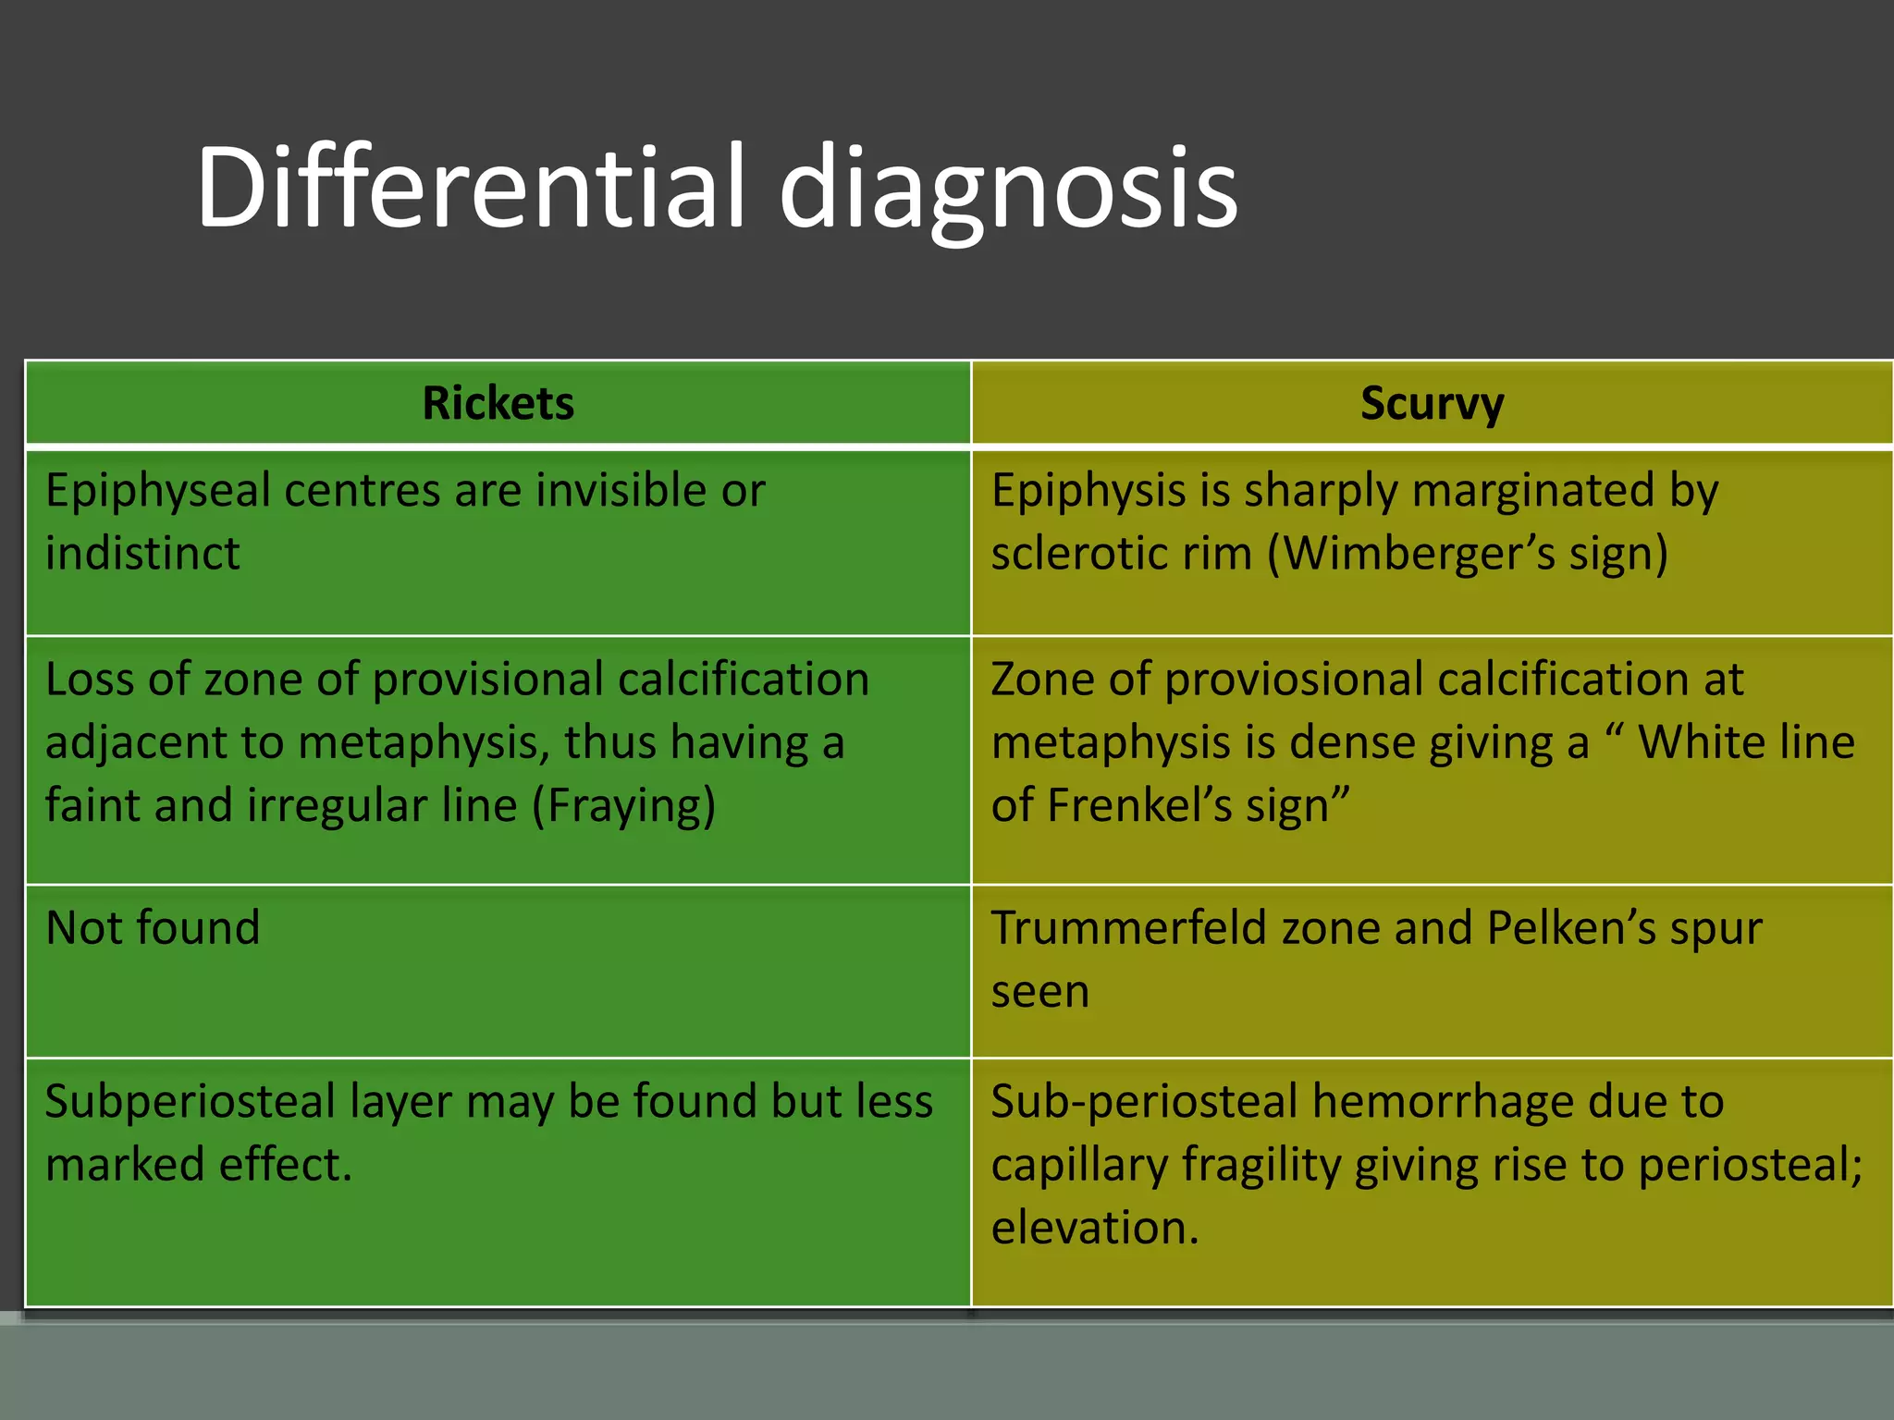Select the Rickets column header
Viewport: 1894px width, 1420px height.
(x=498, y=404)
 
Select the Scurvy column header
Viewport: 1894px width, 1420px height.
(x=1432, y=404)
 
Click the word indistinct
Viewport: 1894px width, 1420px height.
(x=142, y=554)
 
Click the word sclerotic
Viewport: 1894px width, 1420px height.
(x=1122, y=554)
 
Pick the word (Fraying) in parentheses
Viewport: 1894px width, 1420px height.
(x=623, y=805)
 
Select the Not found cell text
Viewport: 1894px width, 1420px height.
(x=153, y=928)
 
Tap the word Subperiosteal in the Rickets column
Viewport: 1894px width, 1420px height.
(x=191, y=1102)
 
